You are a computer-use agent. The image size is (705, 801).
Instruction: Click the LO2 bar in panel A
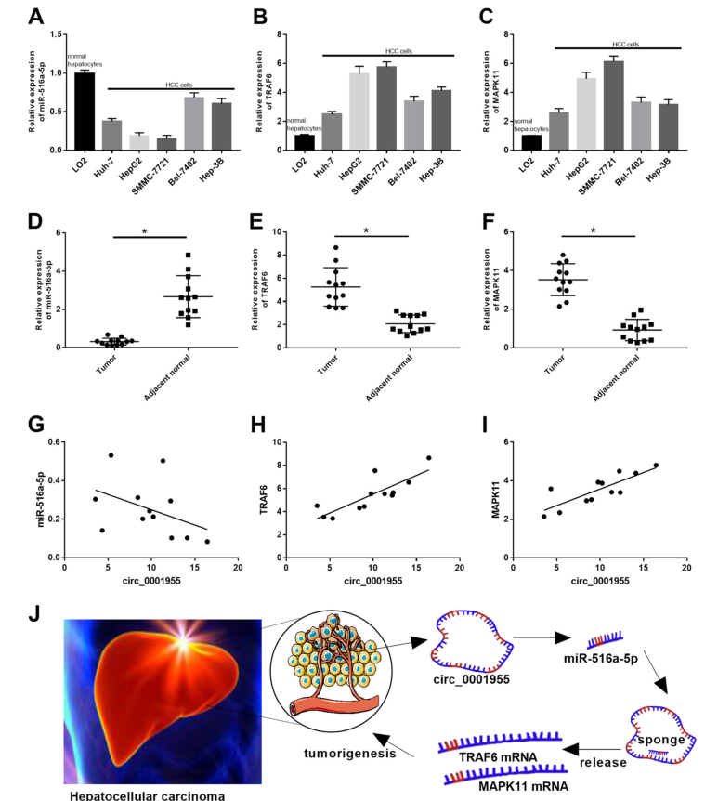click(x=85, y=111)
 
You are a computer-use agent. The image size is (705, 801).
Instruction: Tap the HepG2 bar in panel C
click(x=586, y=113)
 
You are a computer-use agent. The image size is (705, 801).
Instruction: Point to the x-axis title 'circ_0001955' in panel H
click(x=373, y=582)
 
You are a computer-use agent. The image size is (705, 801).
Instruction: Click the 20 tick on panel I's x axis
click(x=686, y=566)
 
